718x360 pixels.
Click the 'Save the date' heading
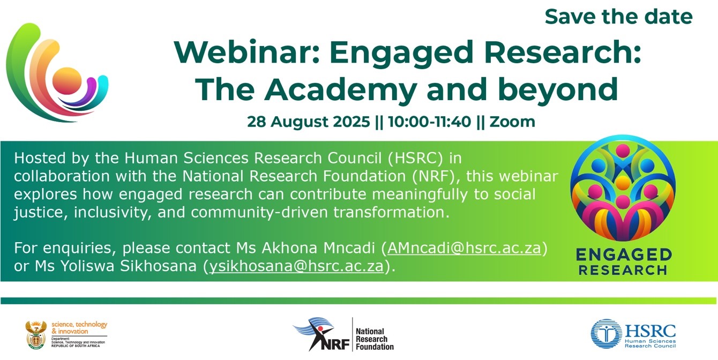pyautogui.click(x=619, y=17)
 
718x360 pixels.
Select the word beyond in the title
pyautogui.click(x=558, y=91)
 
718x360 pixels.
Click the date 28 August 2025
pyautogui.click(x=308, y=122)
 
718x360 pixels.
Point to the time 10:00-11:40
pyautogui.click(x=430, y=122)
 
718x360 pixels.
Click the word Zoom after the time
pyautogui.click(x=512, y=122)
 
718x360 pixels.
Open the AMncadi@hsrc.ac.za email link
pyautogui.click(x=464, y=248)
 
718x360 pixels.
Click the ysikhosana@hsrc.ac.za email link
pyautogui.click(x=296, y=266)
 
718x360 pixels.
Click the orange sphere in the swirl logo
pyautogui.click(x=66, y=81)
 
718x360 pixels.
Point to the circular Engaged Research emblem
pyautogui.click(x=623, y=188)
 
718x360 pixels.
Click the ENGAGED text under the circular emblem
pyautogui.click(x=624, y=255)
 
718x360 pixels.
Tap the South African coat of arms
pyautogui.click(x=36, y=335)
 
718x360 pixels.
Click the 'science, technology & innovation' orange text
pyautogui.click(x=79, y=328)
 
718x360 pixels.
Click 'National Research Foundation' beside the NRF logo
pyautogui.click(x=375, y=339)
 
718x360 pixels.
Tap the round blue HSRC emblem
pyautogui.click(x=607, y=334)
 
